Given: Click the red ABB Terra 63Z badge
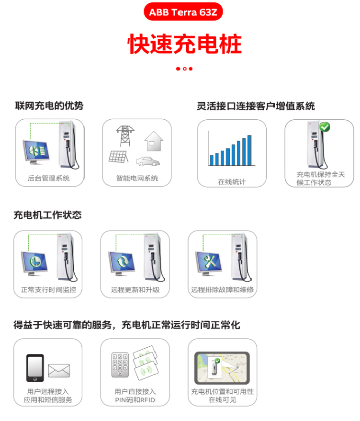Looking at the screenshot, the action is pos(183,12).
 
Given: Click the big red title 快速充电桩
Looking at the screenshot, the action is pos(185,44).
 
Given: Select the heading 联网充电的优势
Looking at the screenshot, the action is pos(49,105).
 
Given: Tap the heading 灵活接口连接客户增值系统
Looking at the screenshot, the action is pos(256,106).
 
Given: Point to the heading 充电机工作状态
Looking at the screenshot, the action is pos(48,215).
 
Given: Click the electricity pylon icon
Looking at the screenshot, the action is pos(125,136).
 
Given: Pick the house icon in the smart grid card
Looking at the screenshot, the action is pos(154,141).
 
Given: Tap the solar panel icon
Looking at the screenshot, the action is pos(118,157).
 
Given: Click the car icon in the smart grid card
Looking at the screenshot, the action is pos(147,161).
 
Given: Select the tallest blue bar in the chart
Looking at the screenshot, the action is pos(249,150).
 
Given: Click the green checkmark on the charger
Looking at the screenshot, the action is pos(325,127).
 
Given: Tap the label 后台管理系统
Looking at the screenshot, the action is pos(49,178).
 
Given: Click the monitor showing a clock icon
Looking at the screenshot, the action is pos(34,263).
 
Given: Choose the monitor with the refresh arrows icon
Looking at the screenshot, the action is pos(122,263).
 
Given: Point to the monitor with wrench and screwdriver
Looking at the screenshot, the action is pos(209,263).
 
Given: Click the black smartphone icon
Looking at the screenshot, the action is pos(35,368).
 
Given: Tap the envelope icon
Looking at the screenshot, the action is pos(59,371).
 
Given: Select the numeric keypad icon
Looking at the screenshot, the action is pos(120,365).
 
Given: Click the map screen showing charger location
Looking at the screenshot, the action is pos(222,368).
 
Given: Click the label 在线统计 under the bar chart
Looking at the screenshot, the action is pos(232,182).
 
